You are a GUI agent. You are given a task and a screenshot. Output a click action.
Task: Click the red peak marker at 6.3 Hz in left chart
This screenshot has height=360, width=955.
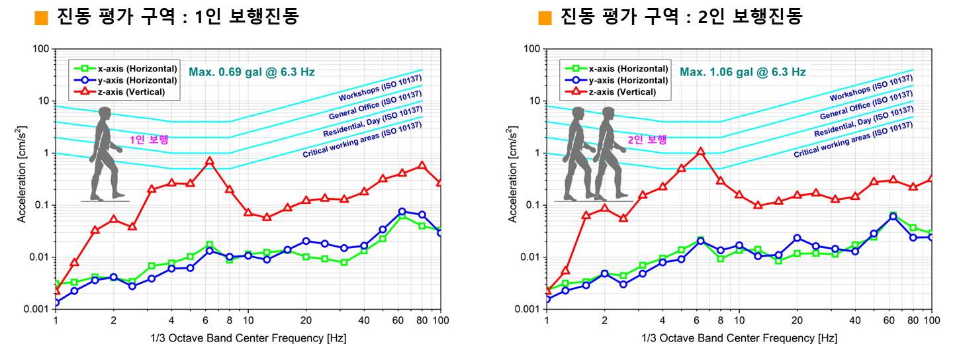coord(210,161)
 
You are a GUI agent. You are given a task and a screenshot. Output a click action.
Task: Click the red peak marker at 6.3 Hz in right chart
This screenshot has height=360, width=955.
coord(701,152)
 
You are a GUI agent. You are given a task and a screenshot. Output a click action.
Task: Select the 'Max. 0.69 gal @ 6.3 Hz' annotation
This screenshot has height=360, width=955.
coord(252,72)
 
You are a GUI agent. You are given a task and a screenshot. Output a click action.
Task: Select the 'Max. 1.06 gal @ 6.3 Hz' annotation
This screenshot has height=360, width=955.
coord(743,72)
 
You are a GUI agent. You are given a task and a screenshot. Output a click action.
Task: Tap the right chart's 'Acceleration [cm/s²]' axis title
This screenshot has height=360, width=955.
coord(513,179)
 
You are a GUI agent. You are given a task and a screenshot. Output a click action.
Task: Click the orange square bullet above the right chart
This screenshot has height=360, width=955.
coord(545,18)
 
